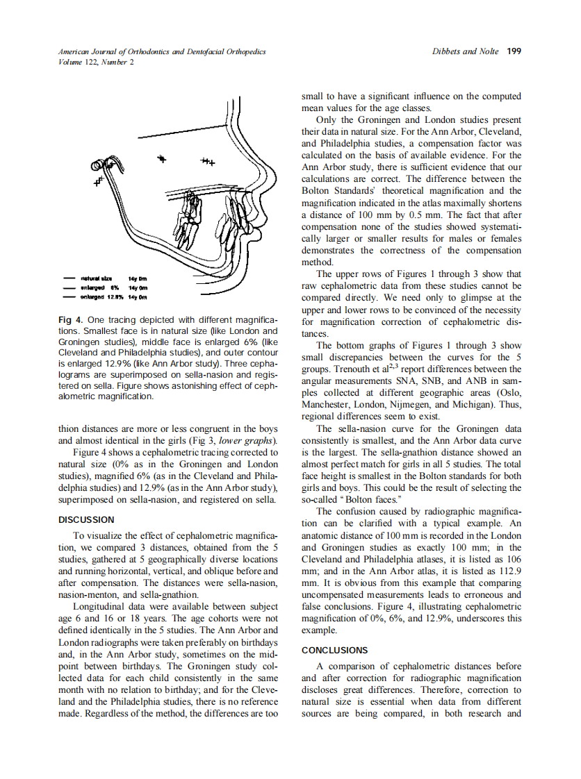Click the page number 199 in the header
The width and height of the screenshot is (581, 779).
coord(514,51)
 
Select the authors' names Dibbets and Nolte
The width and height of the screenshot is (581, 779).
coord(465,51)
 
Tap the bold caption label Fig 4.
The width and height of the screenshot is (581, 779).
coord(70,320)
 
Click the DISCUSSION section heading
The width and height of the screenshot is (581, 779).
coord(86,519)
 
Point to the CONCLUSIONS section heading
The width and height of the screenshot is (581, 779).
coord(334,651)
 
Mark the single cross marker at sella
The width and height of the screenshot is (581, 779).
coord(162,159)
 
